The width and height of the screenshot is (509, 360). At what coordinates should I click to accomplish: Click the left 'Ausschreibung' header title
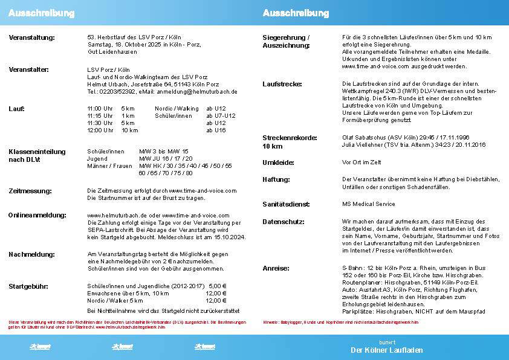[42, 13]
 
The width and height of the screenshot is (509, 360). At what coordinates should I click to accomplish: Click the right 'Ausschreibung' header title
[296, 13]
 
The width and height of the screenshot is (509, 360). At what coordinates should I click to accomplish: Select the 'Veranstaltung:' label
[31, 37]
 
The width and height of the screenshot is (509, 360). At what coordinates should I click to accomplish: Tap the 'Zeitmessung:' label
[30, 191]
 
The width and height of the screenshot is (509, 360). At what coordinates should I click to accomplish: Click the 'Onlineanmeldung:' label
[37, 215]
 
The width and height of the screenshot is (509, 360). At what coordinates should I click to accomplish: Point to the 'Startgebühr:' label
[28, 286]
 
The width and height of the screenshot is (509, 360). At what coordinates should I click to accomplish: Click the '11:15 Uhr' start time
[100, 115]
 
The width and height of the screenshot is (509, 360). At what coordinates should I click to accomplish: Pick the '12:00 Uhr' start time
[100, 130]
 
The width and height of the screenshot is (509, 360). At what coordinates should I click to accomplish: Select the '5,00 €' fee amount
[217, 286]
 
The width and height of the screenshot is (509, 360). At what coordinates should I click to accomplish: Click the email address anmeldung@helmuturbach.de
[196, 92]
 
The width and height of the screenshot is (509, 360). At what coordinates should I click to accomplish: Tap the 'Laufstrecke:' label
[282, 84]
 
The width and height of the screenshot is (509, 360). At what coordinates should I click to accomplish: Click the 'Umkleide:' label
[278, 162]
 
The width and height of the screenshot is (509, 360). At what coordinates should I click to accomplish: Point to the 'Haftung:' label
[276, 179]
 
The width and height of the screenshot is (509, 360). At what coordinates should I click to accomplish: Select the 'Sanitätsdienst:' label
[287, 204]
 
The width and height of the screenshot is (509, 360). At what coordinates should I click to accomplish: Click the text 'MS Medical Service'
[368, 204]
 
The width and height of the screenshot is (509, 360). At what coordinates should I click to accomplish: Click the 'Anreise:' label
[276, 268]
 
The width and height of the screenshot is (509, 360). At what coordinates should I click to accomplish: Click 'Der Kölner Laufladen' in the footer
[386, 350]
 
